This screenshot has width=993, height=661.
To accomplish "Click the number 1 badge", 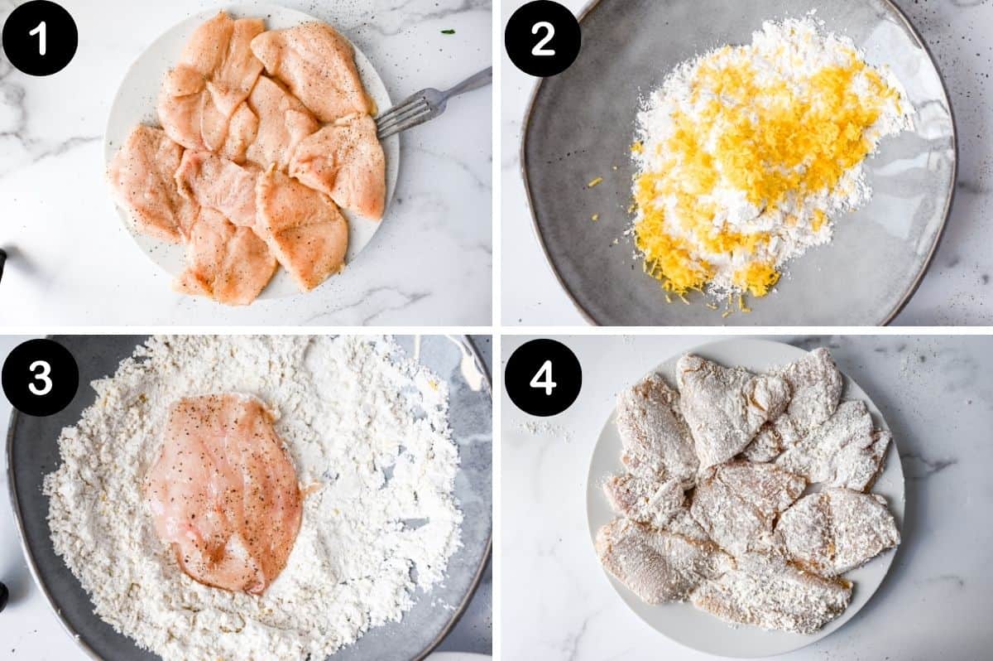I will pos(40,38).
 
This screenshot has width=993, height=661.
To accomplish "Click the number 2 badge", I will pos(543,38).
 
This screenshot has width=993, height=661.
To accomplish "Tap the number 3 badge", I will pos(40,377).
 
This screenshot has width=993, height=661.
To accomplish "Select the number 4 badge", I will pos(543,377).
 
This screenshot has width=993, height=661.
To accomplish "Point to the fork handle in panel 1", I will pos(468,83).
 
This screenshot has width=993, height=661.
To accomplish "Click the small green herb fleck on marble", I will pos(447,31).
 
